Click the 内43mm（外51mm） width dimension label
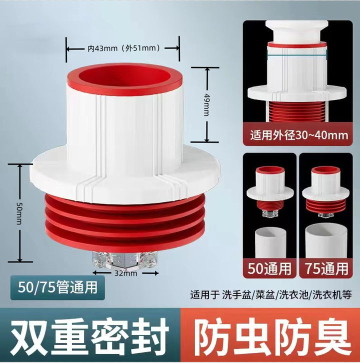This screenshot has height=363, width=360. point(123,48)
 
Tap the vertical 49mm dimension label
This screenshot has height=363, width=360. point(206,105)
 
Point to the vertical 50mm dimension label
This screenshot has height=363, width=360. point(19,213)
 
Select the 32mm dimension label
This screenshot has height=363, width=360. point(125,273)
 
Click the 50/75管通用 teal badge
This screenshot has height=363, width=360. point(57,287)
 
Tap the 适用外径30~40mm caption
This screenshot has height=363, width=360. point(299,135)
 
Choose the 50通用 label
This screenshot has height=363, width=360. point(269,268)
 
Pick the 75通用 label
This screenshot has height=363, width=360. point(326,268)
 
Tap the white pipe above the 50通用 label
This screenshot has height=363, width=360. point(269,242)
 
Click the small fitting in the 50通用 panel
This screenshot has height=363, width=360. point(270,190)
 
